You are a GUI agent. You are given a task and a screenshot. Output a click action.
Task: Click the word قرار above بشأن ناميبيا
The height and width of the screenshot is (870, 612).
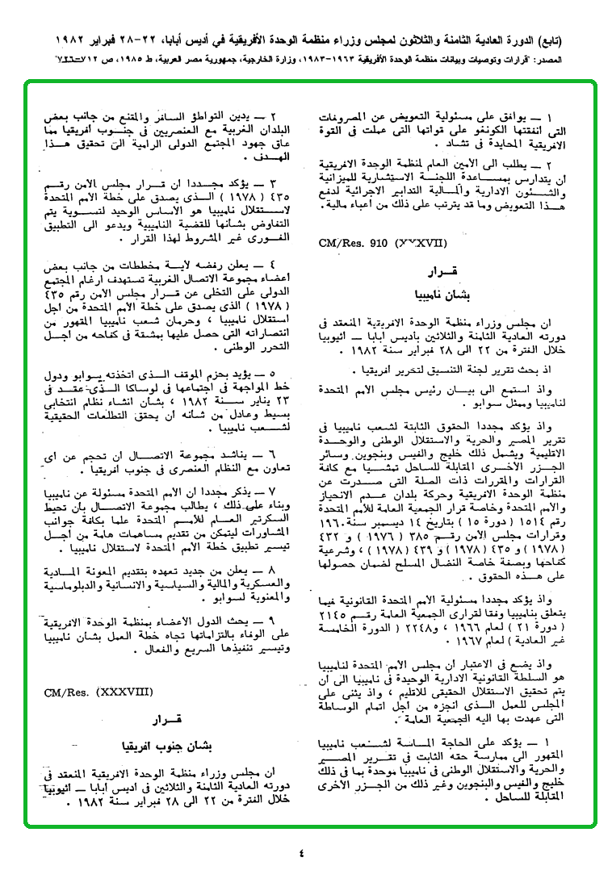point(446,269)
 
